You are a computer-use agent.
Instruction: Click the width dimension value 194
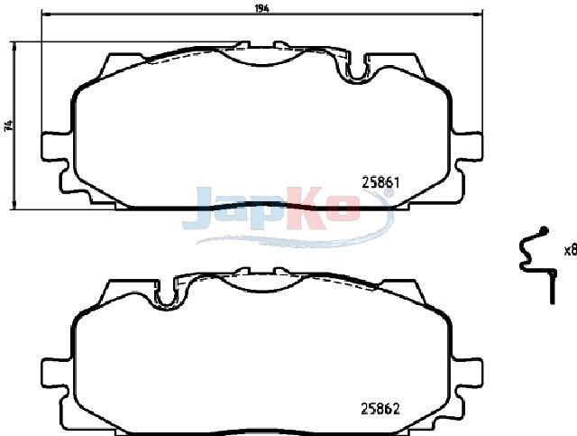[261, 8]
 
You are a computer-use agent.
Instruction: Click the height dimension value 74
[9, 125]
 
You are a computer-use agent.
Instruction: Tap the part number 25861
[380, 183]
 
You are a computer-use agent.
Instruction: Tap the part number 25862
[380, 408]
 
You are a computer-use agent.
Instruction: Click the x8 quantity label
[571, 251]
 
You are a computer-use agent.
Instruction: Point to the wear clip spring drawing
[536, 264]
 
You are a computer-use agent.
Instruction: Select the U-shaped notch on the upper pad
[356, 68]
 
